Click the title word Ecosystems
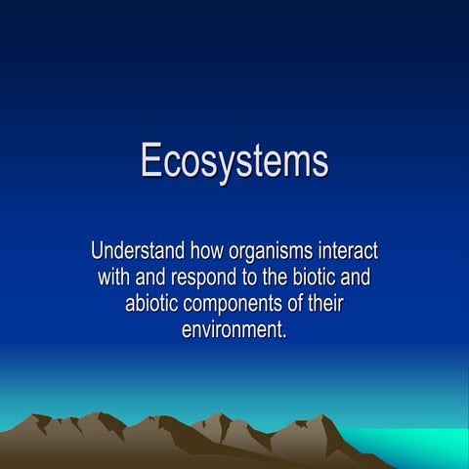click(x=234, y=161)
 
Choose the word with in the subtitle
click(x=115, y=277)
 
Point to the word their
click(x=323, y=303)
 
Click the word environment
click(x=232, y=330)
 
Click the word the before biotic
click(x=277, y=277)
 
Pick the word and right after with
click(x=155, y=277)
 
